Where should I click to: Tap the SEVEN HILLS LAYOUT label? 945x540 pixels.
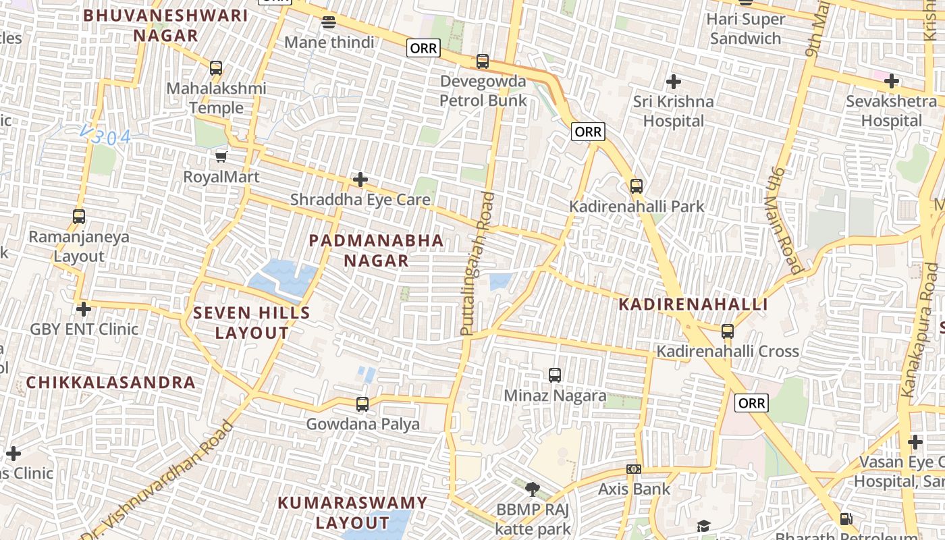click(x=252, y=323)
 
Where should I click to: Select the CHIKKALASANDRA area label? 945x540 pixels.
click(x=111, y=383)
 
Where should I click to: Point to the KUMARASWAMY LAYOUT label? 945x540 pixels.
click(x=352, y=512)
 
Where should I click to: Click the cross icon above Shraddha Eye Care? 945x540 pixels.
click(x=360, y=180)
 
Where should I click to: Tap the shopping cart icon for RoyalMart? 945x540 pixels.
click(x=221, y=157)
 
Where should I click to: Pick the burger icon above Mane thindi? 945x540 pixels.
click(x=329, y=22)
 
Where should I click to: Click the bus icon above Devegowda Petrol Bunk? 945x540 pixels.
click(x=483, y=61)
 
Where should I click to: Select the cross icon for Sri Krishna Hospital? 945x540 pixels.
click(x=673, y=82)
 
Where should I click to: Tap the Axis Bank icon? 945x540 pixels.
click(x=633, y=469)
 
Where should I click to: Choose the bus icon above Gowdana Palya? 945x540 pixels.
click(x=362, y=404)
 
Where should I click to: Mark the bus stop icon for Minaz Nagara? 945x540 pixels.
click(x=555, y=375)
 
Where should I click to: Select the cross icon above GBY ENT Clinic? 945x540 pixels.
click(x=84, y=309)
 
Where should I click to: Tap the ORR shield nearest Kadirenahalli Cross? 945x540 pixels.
click(x=751, y=403)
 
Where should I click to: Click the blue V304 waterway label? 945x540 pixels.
click(x=105, y=136)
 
